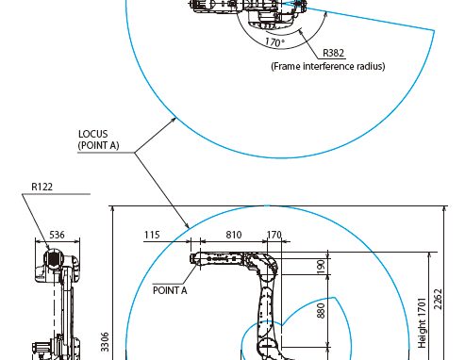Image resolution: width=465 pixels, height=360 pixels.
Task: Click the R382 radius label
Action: pos(334,53)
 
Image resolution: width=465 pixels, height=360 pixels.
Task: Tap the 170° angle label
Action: pos(274,42)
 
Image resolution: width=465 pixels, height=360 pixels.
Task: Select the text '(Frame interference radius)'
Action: pos(328,66)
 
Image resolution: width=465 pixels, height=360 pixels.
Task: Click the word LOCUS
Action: pos(93,134)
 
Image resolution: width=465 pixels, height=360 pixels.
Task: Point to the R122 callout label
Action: pos(42,187)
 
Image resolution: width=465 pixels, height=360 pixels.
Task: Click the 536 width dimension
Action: pos(57,235)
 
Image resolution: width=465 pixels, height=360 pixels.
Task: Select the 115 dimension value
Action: pos(152,235)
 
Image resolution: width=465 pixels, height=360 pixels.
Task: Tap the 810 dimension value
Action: pos(234,235)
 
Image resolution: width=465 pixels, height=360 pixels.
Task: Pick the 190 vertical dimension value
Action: pos(321,267)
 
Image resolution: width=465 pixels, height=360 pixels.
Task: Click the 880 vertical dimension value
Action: pos(321,311)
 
